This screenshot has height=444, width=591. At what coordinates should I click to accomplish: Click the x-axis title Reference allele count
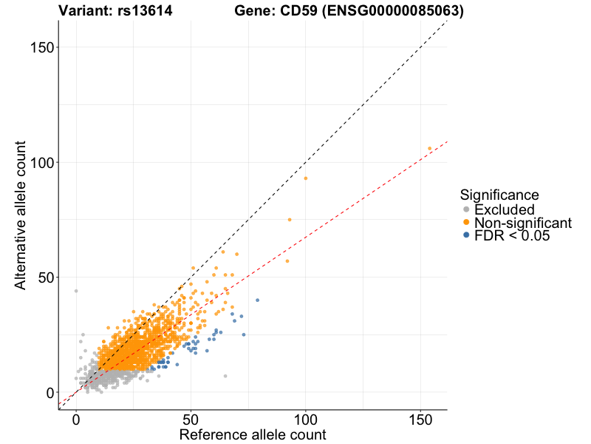click(253, 434)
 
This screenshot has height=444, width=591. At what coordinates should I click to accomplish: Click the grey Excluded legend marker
click(466, 210)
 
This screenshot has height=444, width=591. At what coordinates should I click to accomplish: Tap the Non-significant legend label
click(523, 223)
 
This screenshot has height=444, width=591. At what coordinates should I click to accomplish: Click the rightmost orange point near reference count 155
click(429, 149)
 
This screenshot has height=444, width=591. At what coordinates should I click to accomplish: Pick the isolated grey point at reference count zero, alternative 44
click(76, 291)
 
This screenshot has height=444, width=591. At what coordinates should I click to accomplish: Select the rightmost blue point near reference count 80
click(257, 300)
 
